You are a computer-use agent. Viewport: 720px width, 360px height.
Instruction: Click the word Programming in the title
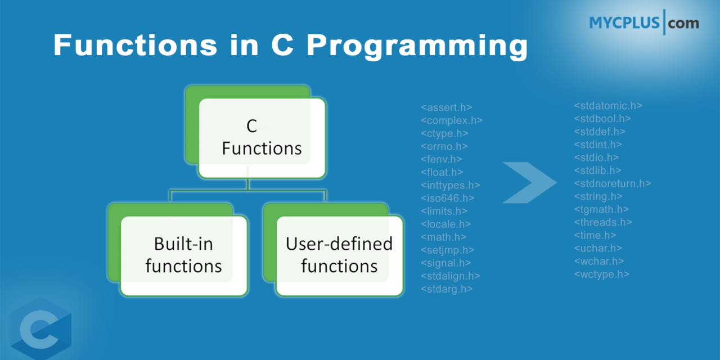coord(416,45)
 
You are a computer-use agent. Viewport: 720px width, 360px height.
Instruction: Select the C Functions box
coord(262,138)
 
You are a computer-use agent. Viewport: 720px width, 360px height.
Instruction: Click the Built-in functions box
coord(184,255)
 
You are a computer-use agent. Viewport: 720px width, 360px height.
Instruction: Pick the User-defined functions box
coord(339,255)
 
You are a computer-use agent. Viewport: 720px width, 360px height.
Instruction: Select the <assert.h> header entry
coord(446,107)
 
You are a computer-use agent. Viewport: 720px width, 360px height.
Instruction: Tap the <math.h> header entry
coord(443,237)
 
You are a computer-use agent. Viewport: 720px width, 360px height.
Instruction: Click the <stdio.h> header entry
coord(596,157)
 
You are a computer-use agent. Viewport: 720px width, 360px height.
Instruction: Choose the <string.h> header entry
coord(598,196)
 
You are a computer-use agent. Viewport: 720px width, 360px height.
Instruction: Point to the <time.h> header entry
coord(595,235)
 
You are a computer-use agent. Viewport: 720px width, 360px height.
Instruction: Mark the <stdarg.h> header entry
coord(447,289)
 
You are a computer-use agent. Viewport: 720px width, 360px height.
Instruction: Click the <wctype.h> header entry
coord(601,274)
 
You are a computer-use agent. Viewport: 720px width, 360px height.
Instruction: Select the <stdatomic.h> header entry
coord(608,106)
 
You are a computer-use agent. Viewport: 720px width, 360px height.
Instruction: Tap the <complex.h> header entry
coord(452,120)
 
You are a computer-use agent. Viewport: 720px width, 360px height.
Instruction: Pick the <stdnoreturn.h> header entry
coord(613,183)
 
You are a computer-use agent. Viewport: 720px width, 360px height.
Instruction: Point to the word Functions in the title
coord(138,45)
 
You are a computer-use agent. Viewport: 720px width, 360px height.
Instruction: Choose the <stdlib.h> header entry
coord(597,170)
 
